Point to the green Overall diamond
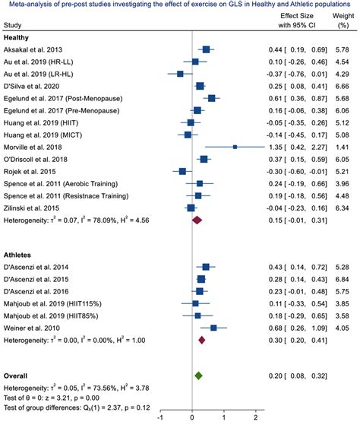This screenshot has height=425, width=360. pos(198,376)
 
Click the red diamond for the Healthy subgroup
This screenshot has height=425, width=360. pos(197,220)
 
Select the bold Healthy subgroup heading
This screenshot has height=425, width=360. pos(18,36)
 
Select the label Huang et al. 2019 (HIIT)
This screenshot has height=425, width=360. pos(43,122)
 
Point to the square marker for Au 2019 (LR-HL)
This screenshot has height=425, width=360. pos(180,73)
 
